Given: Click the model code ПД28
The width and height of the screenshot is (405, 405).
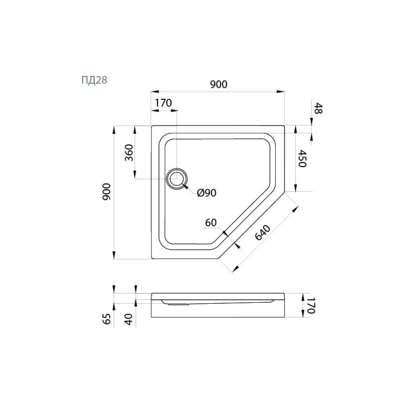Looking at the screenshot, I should click(94, 79).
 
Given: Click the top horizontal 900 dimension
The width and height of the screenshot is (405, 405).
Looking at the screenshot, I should click(218, 85).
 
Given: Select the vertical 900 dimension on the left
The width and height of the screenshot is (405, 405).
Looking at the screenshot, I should click(106, 192).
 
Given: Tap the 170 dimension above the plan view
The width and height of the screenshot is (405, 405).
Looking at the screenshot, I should click(163, 103).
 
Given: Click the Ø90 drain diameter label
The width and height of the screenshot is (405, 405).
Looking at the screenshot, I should click(207, 192).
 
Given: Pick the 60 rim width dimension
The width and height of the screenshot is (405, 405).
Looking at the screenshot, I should click(211, 222).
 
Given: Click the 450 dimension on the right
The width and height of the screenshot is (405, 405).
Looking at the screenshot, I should click(302, 158).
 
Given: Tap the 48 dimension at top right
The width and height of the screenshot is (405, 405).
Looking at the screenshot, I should click(318, 108).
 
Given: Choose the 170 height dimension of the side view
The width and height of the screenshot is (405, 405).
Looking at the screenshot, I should click(310, 305).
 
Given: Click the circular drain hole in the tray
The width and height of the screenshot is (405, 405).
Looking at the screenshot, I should click(177, 179).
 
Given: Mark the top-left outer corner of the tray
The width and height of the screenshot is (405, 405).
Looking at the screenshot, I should click(152, 126).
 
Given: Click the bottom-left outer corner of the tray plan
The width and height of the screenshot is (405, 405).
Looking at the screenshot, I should click(152, 259).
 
